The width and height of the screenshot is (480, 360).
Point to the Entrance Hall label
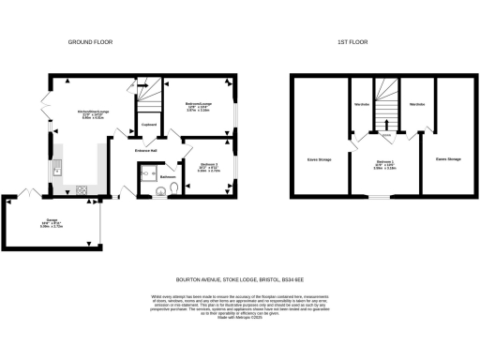pyautogui.click(x=147, y=148)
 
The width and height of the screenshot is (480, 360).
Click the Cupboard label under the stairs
pyautogui.click(x=148, y=124)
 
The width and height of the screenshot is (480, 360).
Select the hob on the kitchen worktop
pyautogui.click(x=82, y=191)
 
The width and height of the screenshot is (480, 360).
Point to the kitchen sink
pyautogui.click(x=57, y=170)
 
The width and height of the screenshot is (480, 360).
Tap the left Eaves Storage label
pyautogui.click(x=320, y=159)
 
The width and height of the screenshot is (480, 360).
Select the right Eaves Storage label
pyautogui.click(x=447, y=159)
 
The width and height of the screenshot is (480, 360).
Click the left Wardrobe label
pyautogui.click(x=360, y=104)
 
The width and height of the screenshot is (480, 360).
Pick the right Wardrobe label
pyautogui.click(x=418, y=104)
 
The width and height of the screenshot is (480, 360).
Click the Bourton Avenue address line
pyautogui.click(x=240, y=278)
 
